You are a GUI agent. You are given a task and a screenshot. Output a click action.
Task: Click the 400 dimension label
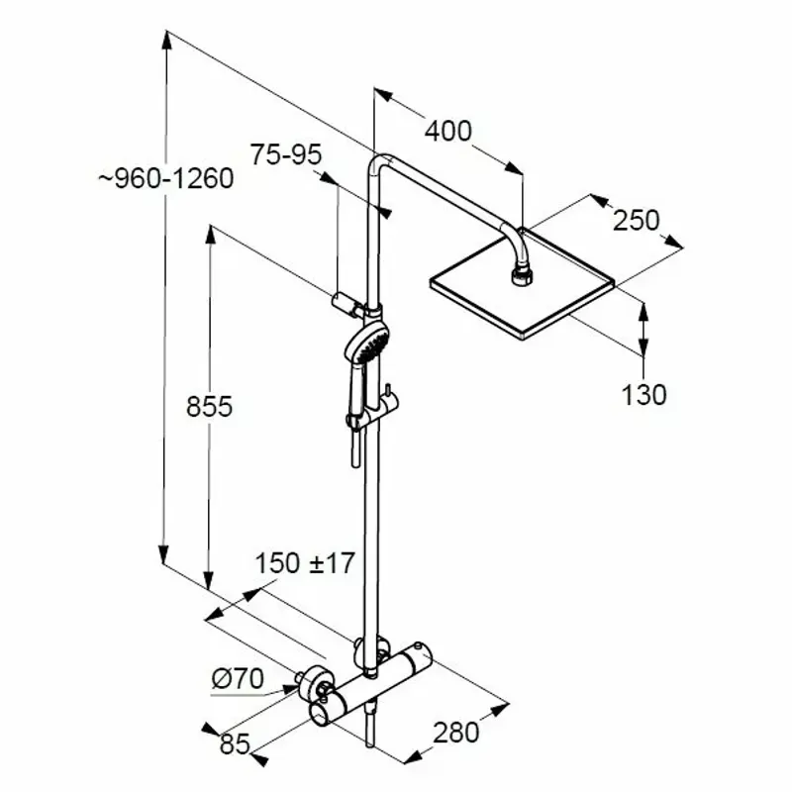448,132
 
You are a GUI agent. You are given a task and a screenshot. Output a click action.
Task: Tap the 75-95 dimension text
286,154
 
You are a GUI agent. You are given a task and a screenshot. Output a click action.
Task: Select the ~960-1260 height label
166,179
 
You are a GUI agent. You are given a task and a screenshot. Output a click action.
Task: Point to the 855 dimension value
209,406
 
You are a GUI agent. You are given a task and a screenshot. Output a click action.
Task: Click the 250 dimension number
637,220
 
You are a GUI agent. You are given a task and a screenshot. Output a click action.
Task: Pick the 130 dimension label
643,395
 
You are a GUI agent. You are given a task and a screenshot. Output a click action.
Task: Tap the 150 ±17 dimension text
305,563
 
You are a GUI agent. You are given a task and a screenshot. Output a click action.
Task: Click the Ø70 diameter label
238,678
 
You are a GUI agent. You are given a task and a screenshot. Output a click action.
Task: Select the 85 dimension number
235,743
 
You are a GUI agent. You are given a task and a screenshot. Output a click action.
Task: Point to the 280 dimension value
455,733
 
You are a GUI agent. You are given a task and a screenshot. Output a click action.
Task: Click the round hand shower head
367,342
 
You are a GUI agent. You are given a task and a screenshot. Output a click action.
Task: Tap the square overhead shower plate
523,284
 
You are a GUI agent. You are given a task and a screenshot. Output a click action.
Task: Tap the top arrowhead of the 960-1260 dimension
166,41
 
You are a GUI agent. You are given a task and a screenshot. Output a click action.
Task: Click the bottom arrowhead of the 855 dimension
208,580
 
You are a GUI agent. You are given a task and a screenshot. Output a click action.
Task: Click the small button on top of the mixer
418,646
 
